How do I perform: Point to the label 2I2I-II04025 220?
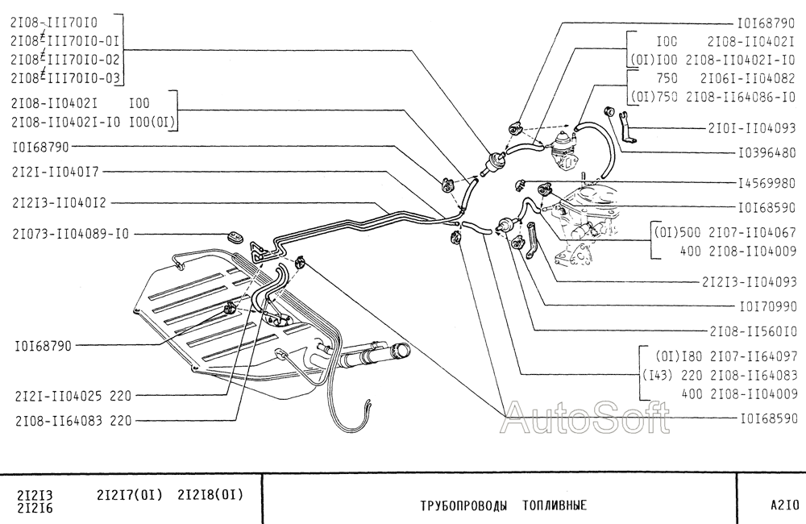[73, 396]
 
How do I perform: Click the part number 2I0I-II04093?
[752, 128]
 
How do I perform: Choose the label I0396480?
[767, 152]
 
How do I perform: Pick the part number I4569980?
[767, 182]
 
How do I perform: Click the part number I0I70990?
[767, 306]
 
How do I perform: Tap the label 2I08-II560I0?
[752, 331]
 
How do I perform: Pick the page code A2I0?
[783, 506]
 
